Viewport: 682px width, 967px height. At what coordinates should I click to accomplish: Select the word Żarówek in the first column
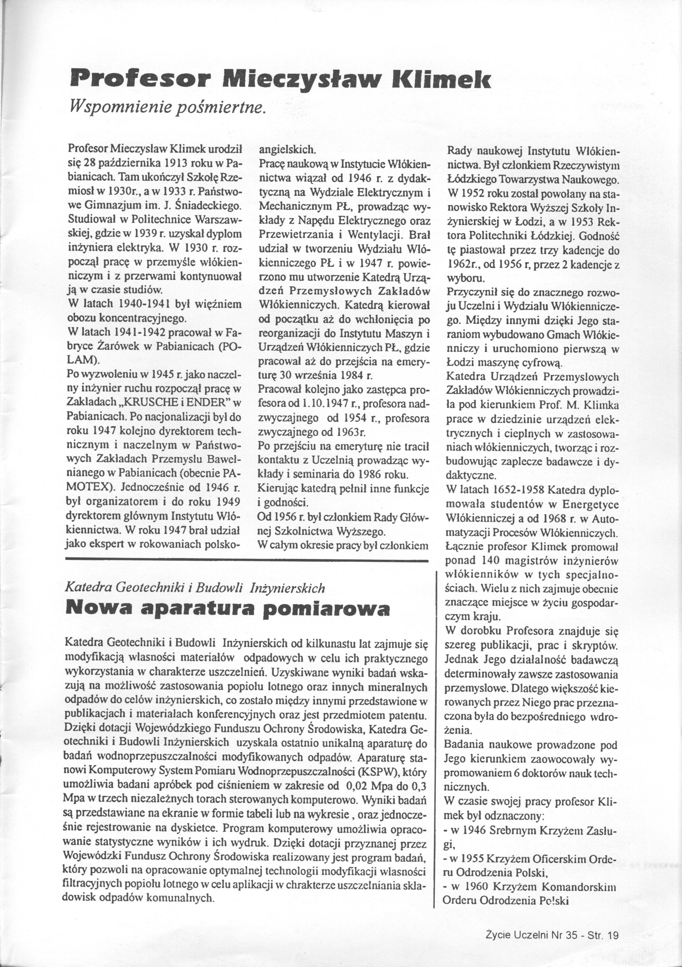pos(117,346)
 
